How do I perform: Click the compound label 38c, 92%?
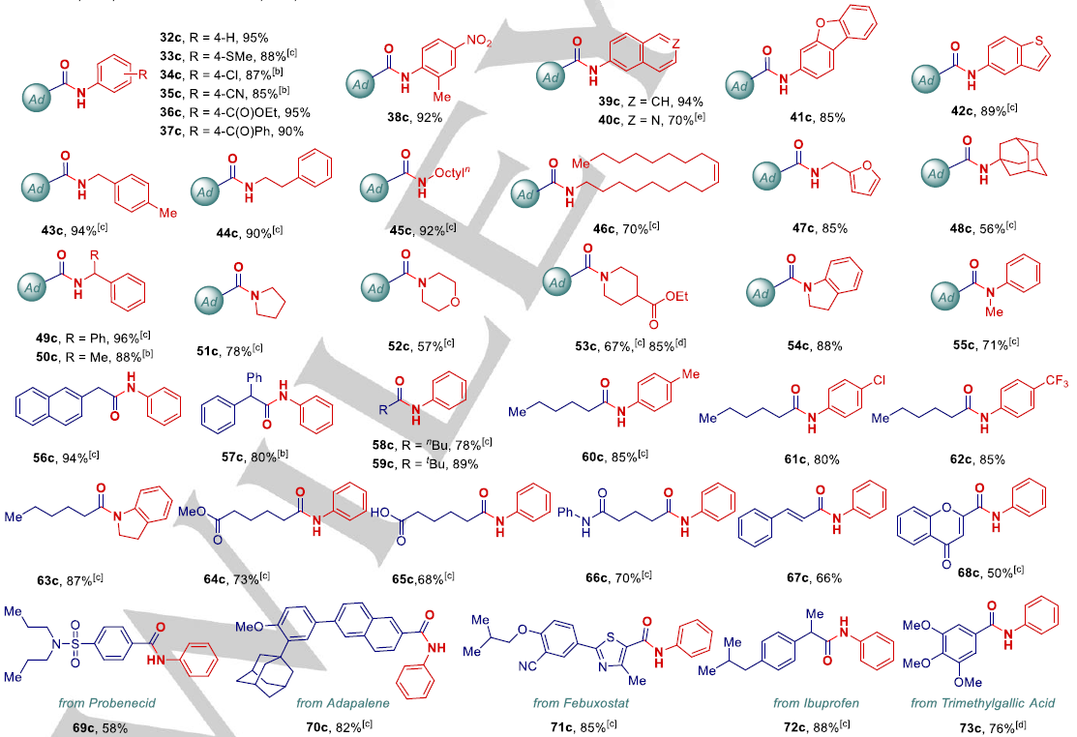pos(410,116)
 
